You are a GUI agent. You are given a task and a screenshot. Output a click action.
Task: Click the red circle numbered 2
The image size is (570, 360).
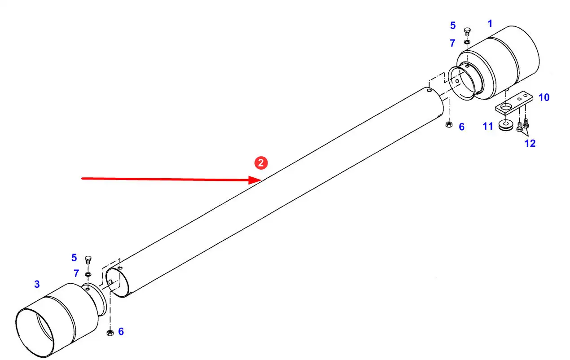click(x=261, y=163)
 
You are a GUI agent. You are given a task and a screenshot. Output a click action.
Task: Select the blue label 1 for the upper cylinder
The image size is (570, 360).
click(x=490, y=23)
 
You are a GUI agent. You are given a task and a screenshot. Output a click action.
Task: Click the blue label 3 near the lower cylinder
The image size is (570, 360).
click(x=37, y=284)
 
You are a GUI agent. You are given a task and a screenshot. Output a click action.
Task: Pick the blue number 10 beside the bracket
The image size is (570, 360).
click(x=544, y=97)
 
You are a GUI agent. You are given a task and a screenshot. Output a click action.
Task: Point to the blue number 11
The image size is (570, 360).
click(x=488, y=127)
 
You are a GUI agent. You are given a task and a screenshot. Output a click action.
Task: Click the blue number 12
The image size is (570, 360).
click(x=530, y=144)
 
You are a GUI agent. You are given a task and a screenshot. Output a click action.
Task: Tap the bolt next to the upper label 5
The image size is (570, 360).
click(x=466, y=31)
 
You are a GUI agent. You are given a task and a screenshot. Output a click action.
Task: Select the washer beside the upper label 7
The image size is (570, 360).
click(x=467, y=43)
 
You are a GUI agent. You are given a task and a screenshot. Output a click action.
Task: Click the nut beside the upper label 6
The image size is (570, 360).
click(x=448, y=124)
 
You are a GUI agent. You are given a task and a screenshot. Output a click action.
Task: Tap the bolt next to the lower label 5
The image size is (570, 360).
click(x=88, y=259)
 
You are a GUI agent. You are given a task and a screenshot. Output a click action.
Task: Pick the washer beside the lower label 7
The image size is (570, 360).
click(x=88, y=273)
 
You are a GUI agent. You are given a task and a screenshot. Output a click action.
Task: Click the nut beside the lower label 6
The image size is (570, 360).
click(x=109, y=333)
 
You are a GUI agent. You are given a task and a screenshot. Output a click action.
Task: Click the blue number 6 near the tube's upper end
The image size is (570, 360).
click(x=461, y=127)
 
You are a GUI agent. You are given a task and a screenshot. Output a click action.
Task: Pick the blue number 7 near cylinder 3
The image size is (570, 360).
click(x=76, y=273)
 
